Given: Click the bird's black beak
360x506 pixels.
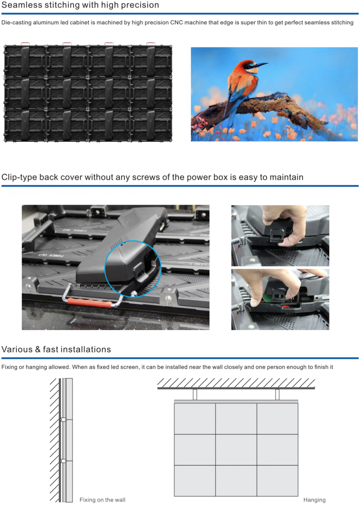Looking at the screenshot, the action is [261, 65].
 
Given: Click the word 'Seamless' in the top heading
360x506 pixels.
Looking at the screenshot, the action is [18, 5].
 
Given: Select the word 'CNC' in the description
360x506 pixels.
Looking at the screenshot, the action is [176, 23].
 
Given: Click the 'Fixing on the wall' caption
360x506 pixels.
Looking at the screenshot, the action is [103, 500].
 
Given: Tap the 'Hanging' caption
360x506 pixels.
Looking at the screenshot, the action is [315, 500].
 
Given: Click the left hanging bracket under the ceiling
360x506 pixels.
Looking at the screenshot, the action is [195, 394].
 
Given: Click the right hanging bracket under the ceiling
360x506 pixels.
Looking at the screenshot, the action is [277, 394].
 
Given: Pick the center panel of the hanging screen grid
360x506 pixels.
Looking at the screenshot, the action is [236, 450].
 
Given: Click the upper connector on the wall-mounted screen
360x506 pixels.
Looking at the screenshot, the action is [64, 420].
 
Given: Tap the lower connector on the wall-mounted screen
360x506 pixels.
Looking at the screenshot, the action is [64, 461].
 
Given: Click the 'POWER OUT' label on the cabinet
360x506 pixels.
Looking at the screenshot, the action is [51, 255].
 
